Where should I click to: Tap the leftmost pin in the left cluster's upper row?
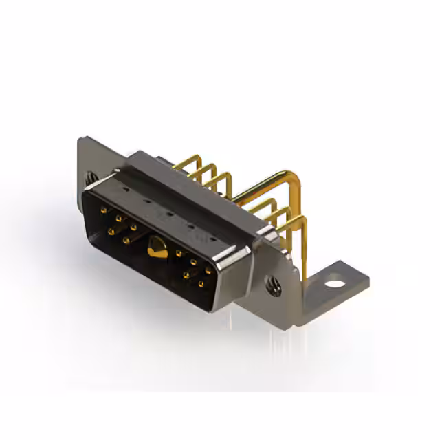pyautogui.click(x=103, y=210)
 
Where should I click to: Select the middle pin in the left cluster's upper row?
pyautogui.click(x=118, y=219)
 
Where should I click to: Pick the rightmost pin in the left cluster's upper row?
pyautogui.click(x=133, y=227)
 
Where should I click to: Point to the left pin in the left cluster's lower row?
pyautogui.click(x=111, y=232)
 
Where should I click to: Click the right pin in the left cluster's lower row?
pyautogui.click(x=126, y=241)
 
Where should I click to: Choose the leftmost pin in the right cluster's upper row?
pyautogui.click(x=179, y=253)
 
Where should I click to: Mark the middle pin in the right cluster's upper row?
pyautogui.click(x=193, y=262)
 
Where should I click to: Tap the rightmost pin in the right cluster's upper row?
pyautogui.click(x=208, y=271)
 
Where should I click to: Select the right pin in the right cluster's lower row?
pyautogui.click(x=201, y=283)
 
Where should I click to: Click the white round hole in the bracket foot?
pyautogui.click(x=335, y=282)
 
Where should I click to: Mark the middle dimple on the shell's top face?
pyautogui.click(x=168, y=213)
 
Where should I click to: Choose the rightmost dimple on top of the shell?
pyautogui.click(x=212, y=239)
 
